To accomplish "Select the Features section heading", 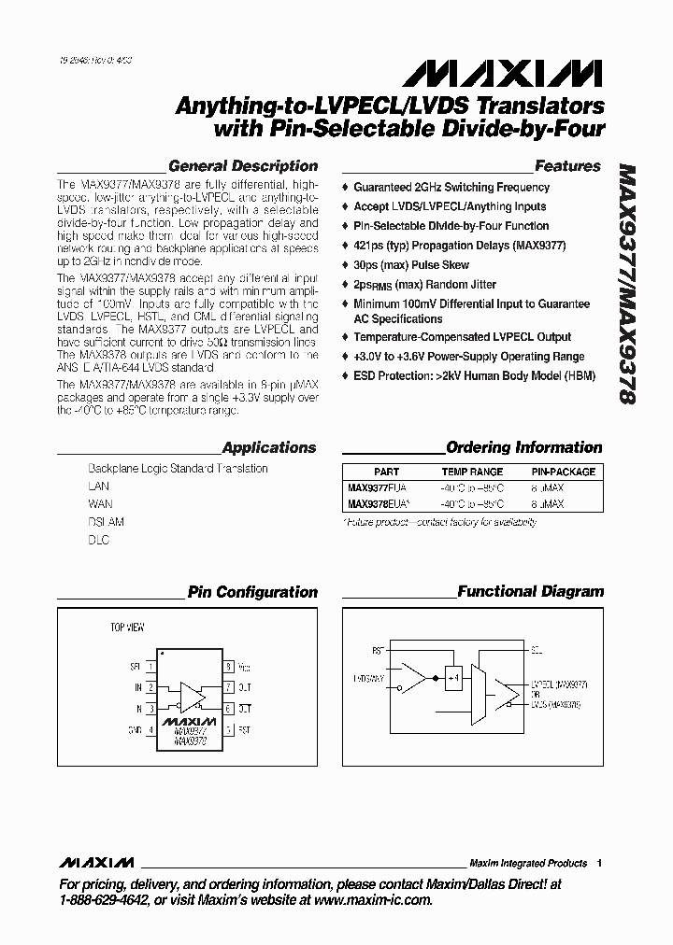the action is [567, 166].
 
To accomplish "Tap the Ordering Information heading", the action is [523, 447].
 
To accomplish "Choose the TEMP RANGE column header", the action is [472, 472].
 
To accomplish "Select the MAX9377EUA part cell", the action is [378, 487].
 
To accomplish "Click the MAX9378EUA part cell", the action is [379, 503].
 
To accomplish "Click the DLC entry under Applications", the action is [98, 540].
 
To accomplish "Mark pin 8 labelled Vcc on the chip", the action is [229, 667].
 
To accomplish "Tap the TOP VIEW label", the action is [128, 628].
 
